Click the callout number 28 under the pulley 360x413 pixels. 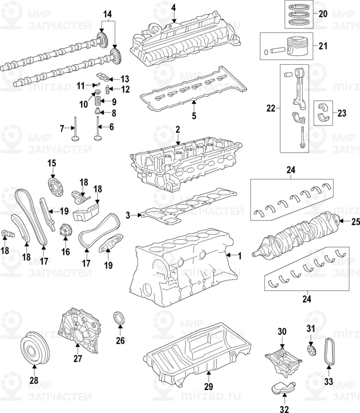coord(33,381)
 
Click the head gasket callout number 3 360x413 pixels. coord(128,214)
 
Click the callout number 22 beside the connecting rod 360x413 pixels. coord(272,109)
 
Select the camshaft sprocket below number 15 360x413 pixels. coord(53,185)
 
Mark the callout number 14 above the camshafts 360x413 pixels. coord(107,13)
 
